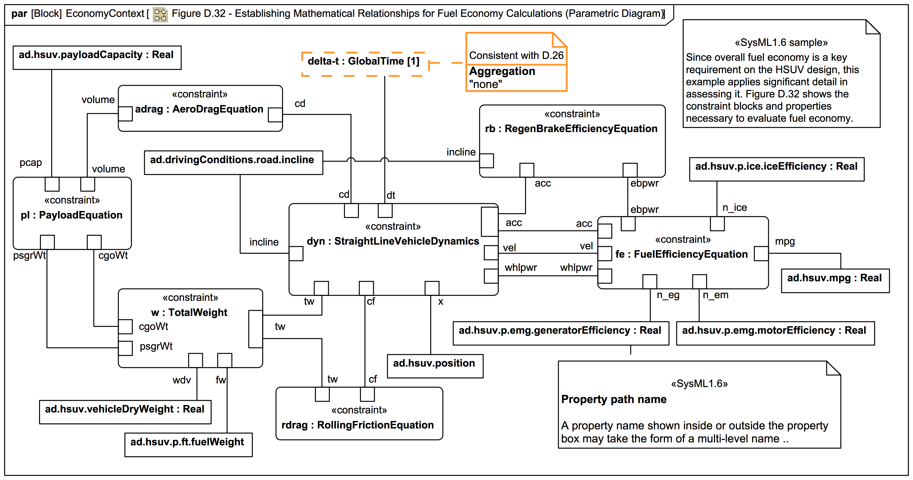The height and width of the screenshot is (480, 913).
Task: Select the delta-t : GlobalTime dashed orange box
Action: click(x=364, y=64)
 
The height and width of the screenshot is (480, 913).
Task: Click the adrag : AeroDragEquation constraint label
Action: click(x=199, y=109)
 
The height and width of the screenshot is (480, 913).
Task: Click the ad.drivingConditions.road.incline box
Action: click(x=233, y=162)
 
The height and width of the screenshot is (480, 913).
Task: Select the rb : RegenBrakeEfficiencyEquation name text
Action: click(x=571, y=128)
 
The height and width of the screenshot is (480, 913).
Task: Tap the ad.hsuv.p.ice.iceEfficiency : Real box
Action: click(x=776, y=169)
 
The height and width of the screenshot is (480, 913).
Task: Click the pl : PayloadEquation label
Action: click(x=72, y=215)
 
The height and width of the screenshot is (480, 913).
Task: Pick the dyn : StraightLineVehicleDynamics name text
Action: click(x=393, y=241)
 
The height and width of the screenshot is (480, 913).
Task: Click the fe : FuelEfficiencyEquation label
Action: click(x=681, y=254)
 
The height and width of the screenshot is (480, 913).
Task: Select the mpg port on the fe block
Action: click(x=761, y=254)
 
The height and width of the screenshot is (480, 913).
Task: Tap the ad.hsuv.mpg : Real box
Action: click(x=835, y=280)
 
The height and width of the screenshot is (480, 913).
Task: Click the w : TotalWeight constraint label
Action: click(x=189, y=312)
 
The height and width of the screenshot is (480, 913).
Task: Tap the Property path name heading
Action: click(x=613, y=399)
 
